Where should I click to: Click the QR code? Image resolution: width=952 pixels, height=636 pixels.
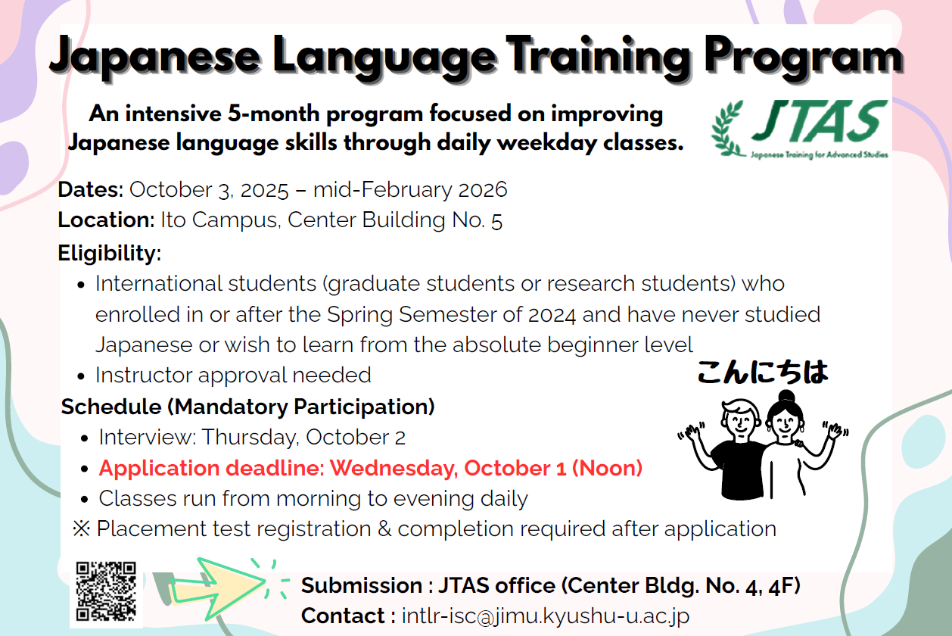pos(106,591)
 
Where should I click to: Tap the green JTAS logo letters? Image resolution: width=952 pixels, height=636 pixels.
pos(820,121)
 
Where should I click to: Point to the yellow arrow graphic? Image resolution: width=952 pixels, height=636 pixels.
pos(218,588)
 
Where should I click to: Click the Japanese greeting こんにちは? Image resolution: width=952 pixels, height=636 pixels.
pos(763,373)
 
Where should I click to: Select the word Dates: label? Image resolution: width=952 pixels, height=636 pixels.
pos(91,189)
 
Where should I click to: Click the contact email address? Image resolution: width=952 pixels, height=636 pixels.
pos(546,616)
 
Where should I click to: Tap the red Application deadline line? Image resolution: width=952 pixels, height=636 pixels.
pos(370,468)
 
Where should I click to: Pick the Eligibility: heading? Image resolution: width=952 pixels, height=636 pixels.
pos(110,254)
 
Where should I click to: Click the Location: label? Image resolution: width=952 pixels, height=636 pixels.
pos(106,220)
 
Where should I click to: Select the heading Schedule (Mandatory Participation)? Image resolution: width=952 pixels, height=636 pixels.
pos(247,407)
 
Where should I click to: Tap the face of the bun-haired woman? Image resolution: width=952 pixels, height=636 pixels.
pos(784,423)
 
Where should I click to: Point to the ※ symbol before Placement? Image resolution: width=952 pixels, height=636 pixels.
pos(81,529)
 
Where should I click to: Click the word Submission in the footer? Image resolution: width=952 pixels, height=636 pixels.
pos(361,586)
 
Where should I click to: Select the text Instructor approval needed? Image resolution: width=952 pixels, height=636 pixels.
pos(233,376)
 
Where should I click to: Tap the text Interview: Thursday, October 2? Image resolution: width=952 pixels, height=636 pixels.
pos(252,438)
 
